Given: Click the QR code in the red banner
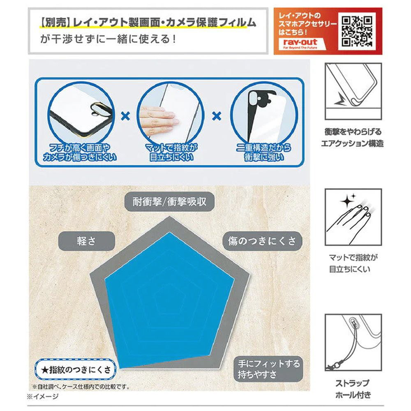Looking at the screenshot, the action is pyautogui.click(x=357, y=32).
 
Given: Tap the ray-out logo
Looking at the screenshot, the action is pyautogui.click(x=300, y=44).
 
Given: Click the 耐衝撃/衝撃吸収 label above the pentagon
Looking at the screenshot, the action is pyautogui.click(x=169, y=202).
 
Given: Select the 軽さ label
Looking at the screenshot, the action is pyautogui.click(x=86, y=241).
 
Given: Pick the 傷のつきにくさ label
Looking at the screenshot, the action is pyautogui.click(x=262, y=241).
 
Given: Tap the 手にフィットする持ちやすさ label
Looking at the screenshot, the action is pyautogui.click(x=268, y=369).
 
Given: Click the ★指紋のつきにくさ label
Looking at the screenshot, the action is pyautogui.click(x=76, y=369).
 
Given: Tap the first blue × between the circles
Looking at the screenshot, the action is pyautogui.click(x=125, y=116).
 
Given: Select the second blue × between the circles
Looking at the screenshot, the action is pyautogui.click(x=217, y=116).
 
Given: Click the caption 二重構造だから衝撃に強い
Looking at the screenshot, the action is pyautogui.click(x=263, y=152).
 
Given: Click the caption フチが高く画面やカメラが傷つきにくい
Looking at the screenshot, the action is pyautogui.click(x=79, y=152).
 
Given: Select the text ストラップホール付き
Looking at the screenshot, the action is pyautogui.click(x=353, y=389).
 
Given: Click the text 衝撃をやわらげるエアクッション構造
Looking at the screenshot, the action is pyautogui.click(x=353, y=138).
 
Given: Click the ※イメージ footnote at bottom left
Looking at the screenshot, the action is pyautogui.click(x=43, y=396).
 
